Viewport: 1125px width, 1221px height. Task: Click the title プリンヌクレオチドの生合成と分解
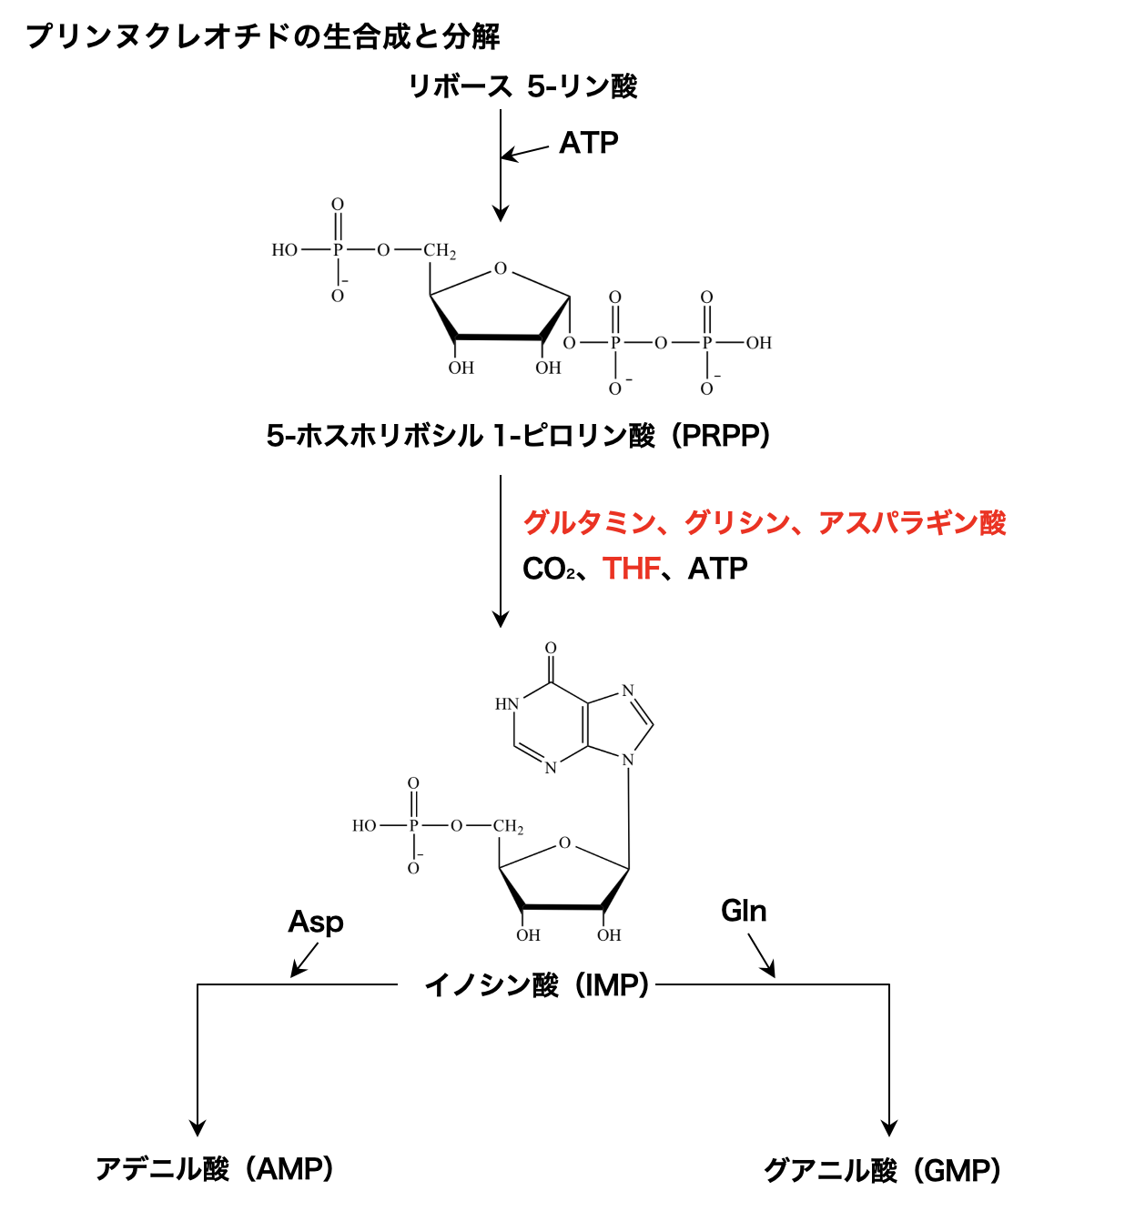click(263, 36)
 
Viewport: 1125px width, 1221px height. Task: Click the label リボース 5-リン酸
click(522, 86)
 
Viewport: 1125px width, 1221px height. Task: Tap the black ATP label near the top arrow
click(589, 143)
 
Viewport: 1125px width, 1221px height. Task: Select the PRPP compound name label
click(519, 436)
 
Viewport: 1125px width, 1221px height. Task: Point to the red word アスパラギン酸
click(912, 523)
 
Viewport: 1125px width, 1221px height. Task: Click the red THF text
click(631, 569)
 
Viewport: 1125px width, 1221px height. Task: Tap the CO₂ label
click(549, 570)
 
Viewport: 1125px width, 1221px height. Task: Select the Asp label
click(316, 922)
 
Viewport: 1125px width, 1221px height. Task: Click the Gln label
click(744, 911)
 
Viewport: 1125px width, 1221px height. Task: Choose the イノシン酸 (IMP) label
click(537, 984)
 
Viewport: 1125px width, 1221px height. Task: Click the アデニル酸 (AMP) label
click(215, 1169)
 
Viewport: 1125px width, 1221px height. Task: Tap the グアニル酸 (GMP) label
click(882, 1170)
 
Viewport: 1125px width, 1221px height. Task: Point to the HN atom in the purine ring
click(506, 704)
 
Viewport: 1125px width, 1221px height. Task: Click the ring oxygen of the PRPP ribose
click(501, 268)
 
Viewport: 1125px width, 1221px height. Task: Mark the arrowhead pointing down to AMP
click(198, 1127)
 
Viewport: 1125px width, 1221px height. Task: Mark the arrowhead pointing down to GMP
click(889, 1127)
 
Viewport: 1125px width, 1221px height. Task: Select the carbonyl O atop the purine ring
click(551, 649)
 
